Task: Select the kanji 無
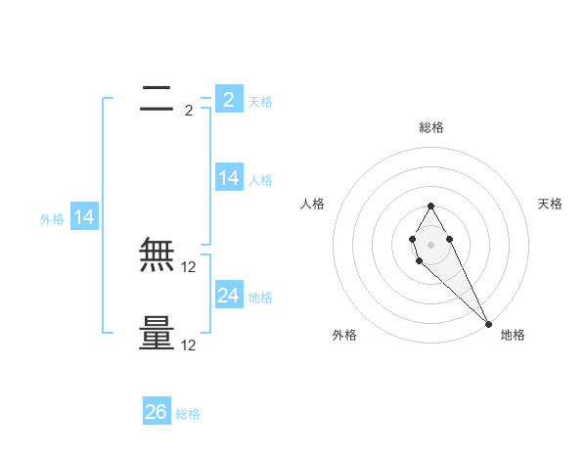click(158, 255)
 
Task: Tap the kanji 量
click(158, 334)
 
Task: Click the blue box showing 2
click(228, 99)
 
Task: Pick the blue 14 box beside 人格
click(229, 178)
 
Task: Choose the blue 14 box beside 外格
click(84, 218)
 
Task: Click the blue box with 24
click(229, 296)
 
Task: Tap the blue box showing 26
click(157, 412)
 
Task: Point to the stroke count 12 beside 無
click(189, 266)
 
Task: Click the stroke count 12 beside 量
click(189, 345)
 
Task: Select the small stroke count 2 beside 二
click(189, 111)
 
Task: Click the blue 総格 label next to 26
click(188, 414)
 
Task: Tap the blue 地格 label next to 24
click(260, 298)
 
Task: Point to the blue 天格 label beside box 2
click(260, 102)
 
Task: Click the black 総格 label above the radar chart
click(430, 127)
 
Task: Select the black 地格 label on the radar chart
click(513, 335)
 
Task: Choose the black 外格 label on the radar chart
click(344, 335)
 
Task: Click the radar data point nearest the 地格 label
click(487, 323)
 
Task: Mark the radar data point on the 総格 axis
click(430, 206)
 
